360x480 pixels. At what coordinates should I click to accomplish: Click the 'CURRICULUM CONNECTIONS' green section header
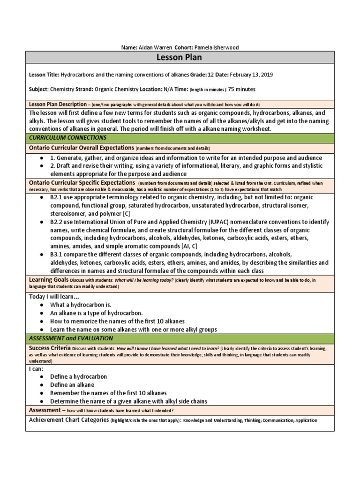click(x=68, y=138)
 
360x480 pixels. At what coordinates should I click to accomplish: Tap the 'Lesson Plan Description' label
click(x=58, y=104)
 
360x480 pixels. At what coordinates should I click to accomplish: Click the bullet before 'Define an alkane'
click(x=42, y=385)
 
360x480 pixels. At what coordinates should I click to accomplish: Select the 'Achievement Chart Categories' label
click(x=69, y=420)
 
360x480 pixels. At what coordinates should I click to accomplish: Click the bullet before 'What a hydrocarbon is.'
click(x=42, y=305)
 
